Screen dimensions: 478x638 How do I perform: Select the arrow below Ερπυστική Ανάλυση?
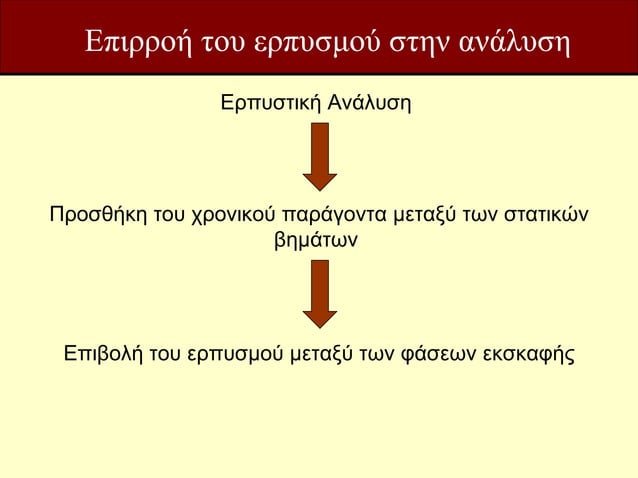(x=319, y=156)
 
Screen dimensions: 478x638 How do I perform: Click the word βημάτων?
(x=318, y=241)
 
